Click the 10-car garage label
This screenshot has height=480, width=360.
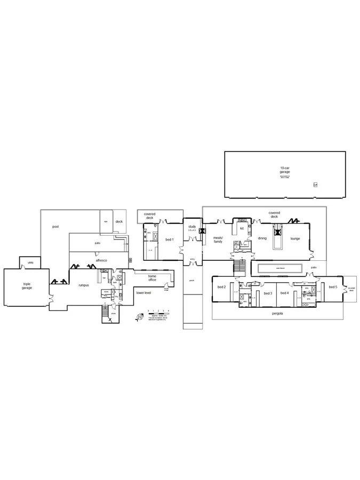285,170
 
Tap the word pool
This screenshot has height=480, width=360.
55,227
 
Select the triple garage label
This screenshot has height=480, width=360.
27,286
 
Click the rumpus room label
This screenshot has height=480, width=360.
83,285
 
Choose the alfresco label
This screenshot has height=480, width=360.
101,260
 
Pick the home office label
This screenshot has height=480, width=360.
152,278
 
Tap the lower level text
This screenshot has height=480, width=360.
143,293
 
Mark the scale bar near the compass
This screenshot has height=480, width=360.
159,310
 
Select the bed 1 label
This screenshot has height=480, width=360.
170,239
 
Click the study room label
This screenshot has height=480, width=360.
192,227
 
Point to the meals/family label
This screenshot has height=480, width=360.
218,239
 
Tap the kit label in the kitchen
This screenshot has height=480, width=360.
242,228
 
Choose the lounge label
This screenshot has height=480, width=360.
295,238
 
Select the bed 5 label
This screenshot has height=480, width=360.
333,287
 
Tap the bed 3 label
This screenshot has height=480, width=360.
268,293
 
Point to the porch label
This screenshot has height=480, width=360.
192,279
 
